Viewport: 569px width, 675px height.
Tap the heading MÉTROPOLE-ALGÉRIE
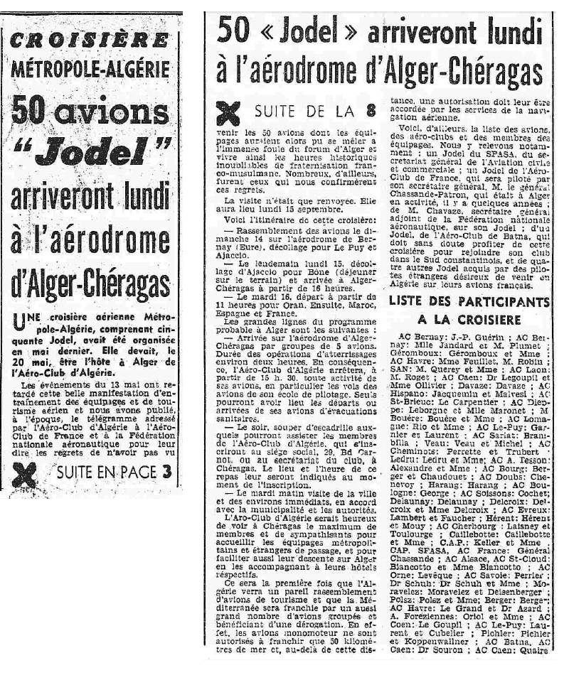pos(90,69)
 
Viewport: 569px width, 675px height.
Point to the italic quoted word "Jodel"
pos(93,148)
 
